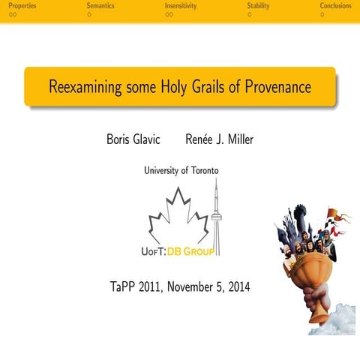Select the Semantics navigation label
100,6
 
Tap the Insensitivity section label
181,6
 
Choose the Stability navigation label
258,6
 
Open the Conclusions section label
335,6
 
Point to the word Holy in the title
175,87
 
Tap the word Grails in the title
212,87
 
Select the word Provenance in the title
277,87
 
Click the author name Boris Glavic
135,139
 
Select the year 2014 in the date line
238,286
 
